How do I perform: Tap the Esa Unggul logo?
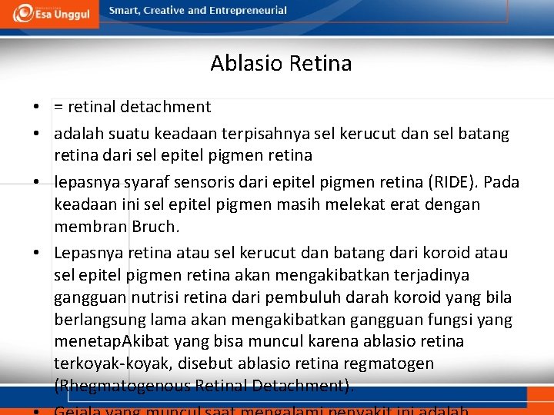tap(50, 13)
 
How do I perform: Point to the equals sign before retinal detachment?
tap(58, 107)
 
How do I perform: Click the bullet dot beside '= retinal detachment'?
tap(36, 107)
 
